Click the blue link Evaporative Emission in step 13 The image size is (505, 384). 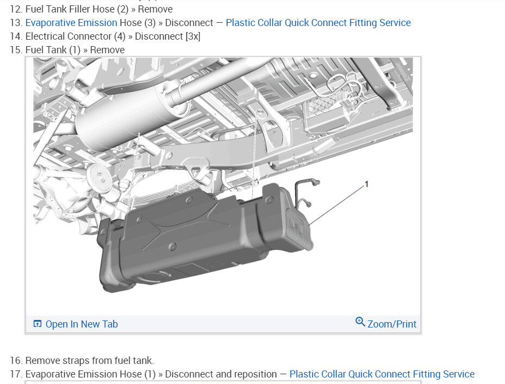click(71, 23)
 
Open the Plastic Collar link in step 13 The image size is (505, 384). click(318, 23)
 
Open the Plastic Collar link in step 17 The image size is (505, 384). click(382, 374)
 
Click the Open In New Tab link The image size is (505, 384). click(82, 324)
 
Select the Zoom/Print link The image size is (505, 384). click(392, 324)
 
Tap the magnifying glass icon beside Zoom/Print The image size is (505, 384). click(360, 322)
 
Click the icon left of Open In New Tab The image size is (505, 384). click(38, 324)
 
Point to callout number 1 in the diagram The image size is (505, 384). click(366, 184)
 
